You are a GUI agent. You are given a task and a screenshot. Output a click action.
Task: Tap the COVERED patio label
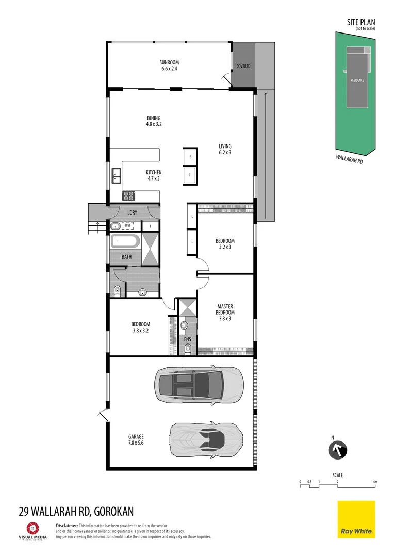243,67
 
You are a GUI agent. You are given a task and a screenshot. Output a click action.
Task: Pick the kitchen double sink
116,176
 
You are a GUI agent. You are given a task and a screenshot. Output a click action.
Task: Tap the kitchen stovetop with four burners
128,195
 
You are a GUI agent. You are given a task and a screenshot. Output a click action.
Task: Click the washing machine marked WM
126,226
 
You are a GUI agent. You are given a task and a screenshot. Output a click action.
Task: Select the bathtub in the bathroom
124,241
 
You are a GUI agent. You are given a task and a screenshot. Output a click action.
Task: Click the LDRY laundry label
132,212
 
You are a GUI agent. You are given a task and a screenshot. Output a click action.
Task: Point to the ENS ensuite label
187,339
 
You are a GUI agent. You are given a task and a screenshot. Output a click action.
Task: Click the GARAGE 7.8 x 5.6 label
136,439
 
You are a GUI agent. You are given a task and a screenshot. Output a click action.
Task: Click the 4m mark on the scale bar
375,482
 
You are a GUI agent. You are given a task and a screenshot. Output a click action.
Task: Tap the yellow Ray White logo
356,519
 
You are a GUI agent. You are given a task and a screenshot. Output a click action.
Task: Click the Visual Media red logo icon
31,528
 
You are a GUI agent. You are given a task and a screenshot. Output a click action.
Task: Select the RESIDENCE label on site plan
357,81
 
